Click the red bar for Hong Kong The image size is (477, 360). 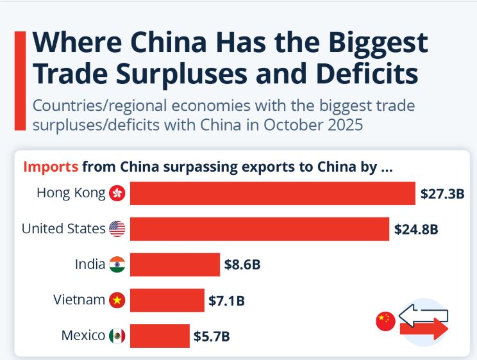272,193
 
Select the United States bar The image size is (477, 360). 260,229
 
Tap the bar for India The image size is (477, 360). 174,264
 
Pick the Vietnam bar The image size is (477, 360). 167,299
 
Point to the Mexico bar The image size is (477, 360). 160,335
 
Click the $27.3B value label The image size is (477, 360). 442,193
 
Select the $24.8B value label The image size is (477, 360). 416,229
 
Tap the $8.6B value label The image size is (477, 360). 242,264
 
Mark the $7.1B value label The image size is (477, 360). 227,299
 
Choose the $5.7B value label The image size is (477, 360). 212,335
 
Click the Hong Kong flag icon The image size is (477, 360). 117,193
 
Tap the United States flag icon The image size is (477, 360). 117,229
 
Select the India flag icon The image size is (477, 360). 117,264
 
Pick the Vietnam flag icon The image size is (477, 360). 117,299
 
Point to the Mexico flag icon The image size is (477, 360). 117,335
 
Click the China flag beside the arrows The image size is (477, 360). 385,321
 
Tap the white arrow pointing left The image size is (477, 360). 423,315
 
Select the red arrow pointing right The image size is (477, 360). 424,329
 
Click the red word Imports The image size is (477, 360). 51,167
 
